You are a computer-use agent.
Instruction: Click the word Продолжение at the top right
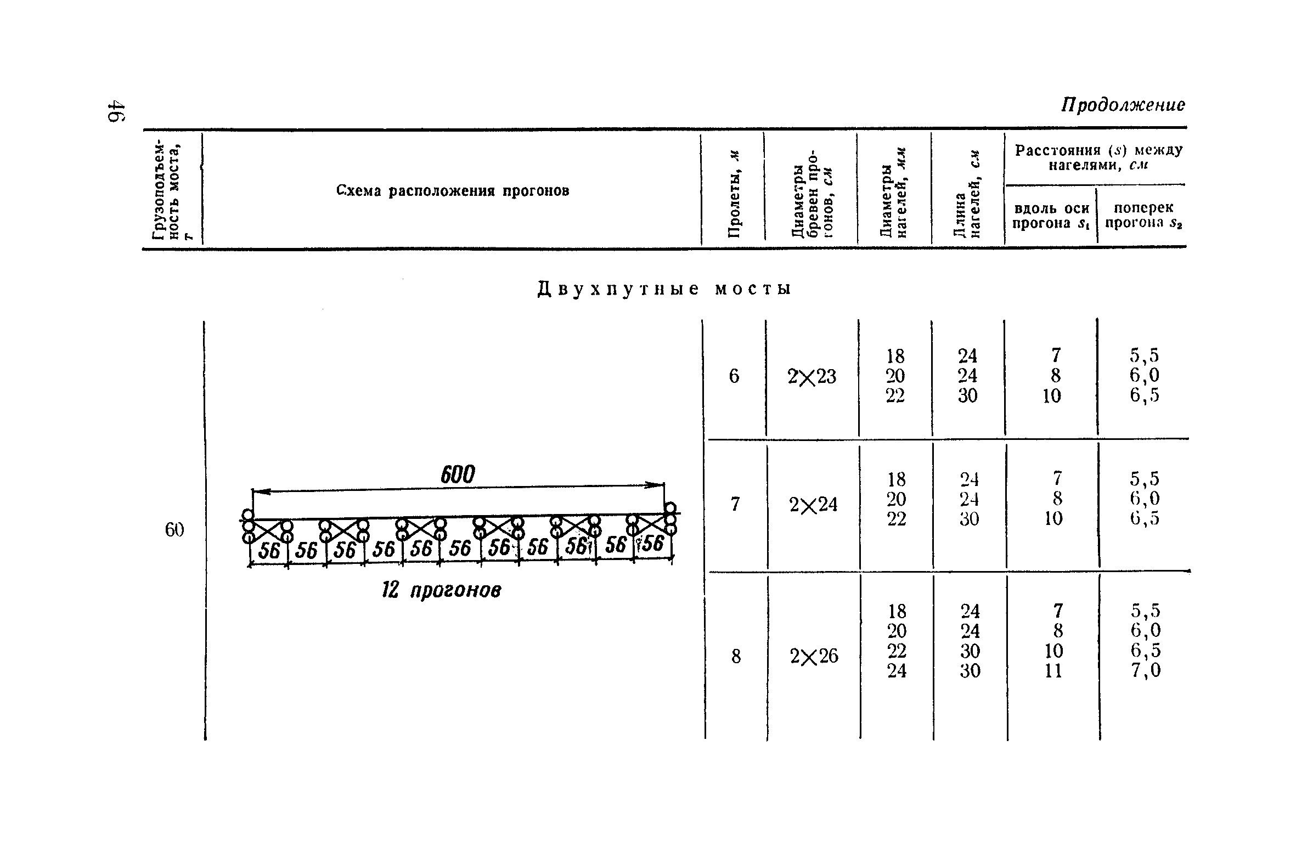(1123, 105)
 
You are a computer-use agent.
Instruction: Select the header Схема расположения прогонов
(452, 191)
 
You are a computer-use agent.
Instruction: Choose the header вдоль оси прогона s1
(1051, 216)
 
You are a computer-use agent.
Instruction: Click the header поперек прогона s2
(1143, 216)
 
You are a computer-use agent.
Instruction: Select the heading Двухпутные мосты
(664, 289)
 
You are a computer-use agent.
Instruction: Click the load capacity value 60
(174, 530)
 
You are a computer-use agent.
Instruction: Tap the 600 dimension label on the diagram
(458, 474)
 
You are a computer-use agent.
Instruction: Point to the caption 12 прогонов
(442, 591)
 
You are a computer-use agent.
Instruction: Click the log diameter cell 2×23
(812, 377)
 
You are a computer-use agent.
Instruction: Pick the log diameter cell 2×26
(814, 657)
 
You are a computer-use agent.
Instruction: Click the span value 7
(735, 504)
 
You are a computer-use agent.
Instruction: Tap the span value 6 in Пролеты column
(734, 376)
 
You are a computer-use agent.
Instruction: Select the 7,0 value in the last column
(1146, 671)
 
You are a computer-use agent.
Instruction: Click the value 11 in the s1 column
(1053, 671)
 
